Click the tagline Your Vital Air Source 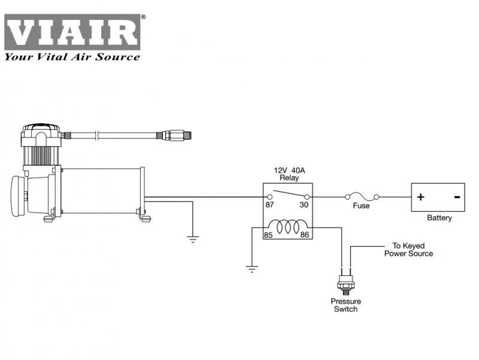pyautogui.click(x=73, y=57)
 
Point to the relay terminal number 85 pyautogui.click(x=269, y=235)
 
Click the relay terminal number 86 pyautogui.click(x=305, y=235)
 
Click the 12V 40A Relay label pyautogui.click(x=288, y=175)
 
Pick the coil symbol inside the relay pyautogui.click(x=287, y=226)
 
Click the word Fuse pyautogui.click(x=361, y=206)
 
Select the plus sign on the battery pyautogui.click(x=421, y=197)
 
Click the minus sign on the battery pyautogui.click(x=457, y=197)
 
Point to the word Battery pyautogui.click(x=439, y=218)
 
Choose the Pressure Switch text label pyautogui.click(x=345, y=305)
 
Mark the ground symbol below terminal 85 pyautogui.click(x=252, y=268)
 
